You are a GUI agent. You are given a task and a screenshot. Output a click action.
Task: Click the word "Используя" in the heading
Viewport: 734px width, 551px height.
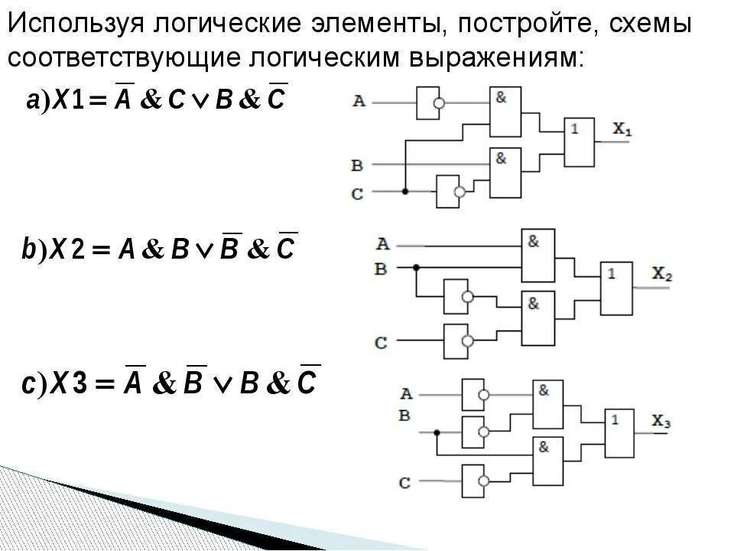pyautogui.click(x=76, y=24)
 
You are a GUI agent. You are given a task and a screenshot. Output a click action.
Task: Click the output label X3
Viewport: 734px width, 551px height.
pyautogui.click(x=661, y=420)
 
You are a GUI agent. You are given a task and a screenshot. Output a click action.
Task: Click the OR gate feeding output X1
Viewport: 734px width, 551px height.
pyautogui.click(x=580, y=142)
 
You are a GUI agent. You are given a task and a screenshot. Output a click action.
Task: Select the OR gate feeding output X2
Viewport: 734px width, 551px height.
pyautogui.click(x=617, y=288)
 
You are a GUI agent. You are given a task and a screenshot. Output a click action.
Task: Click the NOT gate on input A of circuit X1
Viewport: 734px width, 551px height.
pyautogui.click(x=428, y=102)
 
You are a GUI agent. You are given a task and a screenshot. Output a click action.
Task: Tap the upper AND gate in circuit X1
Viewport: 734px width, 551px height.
pyautogui.click(x=505, y=112)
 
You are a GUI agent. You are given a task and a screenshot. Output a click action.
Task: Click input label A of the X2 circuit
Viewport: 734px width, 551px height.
pyautogui.click(x=382, y=245)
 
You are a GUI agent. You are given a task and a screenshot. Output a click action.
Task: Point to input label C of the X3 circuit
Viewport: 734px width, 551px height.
pyautogui.click(x=404, y=482)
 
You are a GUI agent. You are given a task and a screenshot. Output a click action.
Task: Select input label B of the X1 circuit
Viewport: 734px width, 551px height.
pyautogui.click(x=357, y=165)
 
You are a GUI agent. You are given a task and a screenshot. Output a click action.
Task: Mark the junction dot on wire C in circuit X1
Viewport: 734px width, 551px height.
pyautogui.click(x=404, y=191)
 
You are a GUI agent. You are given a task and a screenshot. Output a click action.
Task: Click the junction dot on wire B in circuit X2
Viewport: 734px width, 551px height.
pyautogui.click(x=416, y=268)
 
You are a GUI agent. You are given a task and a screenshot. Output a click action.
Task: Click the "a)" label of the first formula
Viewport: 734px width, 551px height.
pyautogui.click(x=37, y=100)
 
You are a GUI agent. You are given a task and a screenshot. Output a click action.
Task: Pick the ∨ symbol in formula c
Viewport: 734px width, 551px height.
pyautogui.click(x=223, y=385)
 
